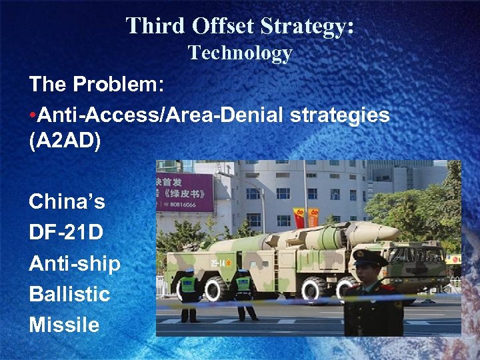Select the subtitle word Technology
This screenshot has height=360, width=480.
pos(240,53)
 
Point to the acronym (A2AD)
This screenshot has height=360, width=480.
pos(65,143)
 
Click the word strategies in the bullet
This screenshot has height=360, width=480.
pos(340,115)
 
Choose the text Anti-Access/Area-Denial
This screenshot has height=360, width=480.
pos(162,115)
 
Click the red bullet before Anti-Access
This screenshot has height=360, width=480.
pos(33,115)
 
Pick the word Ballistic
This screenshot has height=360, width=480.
pos(69,293)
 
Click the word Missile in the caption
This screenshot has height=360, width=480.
pos(64,325)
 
